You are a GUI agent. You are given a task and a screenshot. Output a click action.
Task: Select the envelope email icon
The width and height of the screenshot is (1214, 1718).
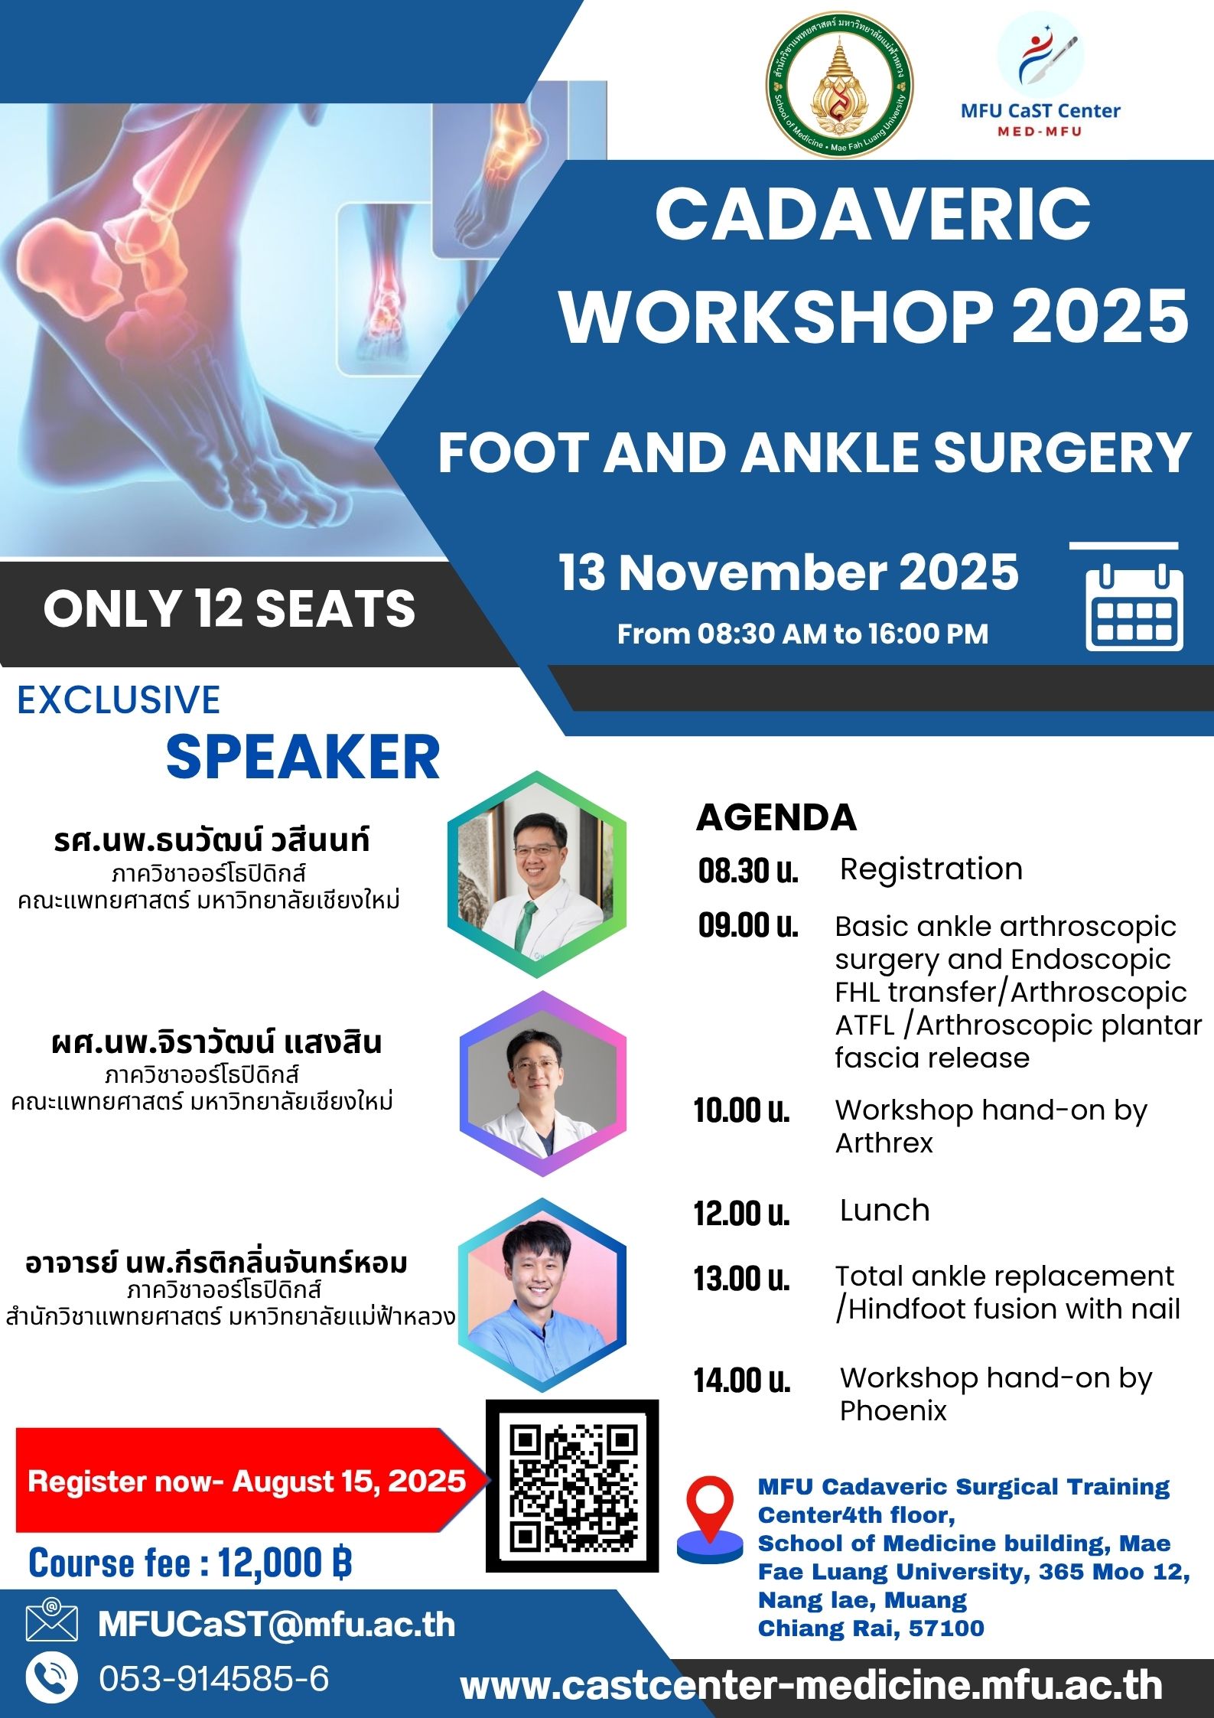(52, 1622)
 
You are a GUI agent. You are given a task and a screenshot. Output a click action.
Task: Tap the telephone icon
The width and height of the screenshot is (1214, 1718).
(52, 1679)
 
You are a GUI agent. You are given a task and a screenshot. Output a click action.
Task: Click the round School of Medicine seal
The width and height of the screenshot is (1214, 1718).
(839, 90)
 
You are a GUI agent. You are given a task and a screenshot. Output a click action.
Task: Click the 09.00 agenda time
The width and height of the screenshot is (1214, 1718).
(747, 926)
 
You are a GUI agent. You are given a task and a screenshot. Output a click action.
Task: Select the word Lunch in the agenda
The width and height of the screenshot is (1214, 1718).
(884, 1211)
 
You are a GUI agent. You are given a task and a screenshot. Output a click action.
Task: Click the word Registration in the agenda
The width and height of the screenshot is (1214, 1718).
(931, 869)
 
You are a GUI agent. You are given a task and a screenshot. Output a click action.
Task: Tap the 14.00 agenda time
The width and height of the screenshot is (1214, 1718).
(742, 1381)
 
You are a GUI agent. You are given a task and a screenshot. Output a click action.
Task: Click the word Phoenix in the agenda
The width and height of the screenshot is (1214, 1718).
(893, 1410)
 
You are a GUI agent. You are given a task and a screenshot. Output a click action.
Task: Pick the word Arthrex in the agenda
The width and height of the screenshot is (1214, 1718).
(884, 1143)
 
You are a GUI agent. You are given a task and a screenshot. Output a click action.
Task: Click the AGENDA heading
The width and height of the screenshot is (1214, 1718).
(776, 817)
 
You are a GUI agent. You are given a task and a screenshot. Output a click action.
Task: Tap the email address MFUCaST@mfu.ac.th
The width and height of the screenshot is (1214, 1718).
(276, 1624)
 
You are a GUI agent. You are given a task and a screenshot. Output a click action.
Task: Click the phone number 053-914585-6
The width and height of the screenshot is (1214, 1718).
(214, 1679)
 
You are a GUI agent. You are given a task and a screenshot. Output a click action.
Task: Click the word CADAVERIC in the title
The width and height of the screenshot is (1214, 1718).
(873, 214)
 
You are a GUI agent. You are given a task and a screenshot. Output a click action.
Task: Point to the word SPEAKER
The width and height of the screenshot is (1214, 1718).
(303, 757)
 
